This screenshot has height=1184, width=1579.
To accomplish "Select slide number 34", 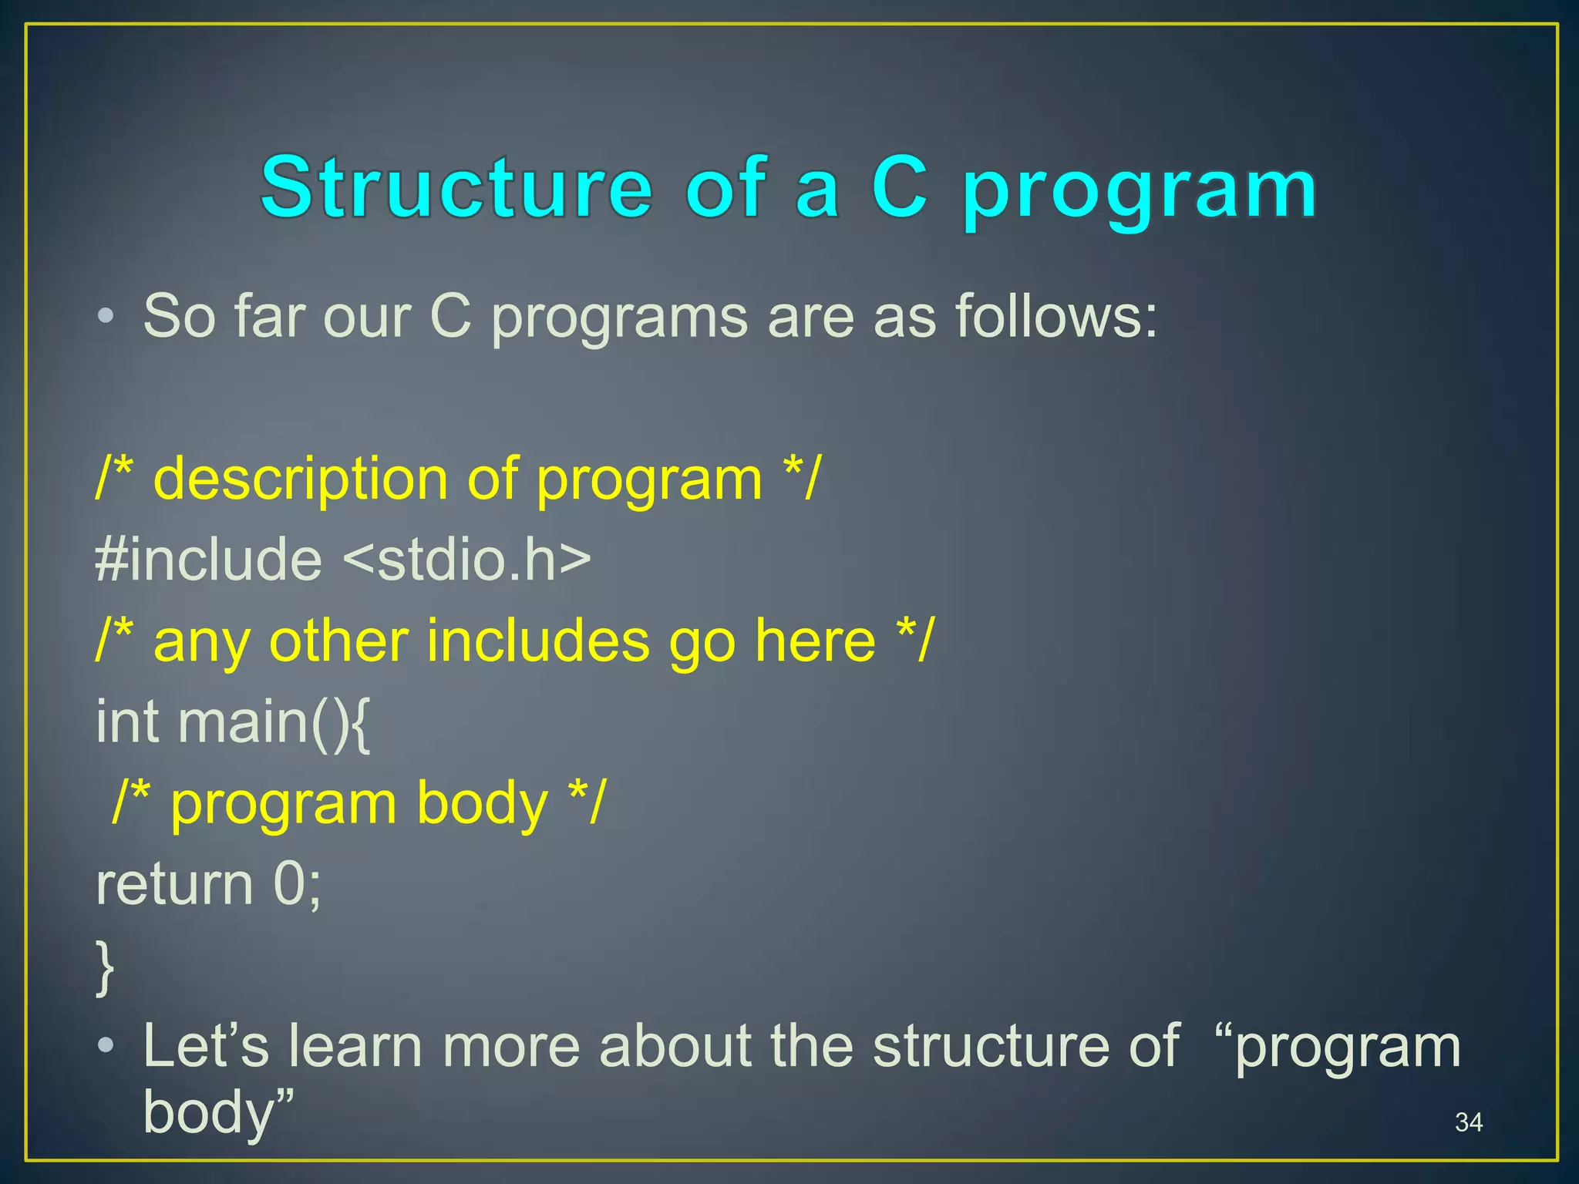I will tap(1468, 1122).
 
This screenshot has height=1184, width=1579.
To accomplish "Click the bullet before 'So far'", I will tap(106, 316).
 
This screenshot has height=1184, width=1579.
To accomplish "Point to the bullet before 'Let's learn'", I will tap(106, 1047).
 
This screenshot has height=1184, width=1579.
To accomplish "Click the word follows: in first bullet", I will tap(1055, 316).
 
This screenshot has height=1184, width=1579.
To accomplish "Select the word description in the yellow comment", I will tap(301, 479).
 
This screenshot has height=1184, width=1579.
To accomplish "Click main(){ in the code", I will tap(274, 723).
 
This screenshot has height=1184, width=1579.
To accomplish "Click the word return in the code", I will tap(174, 885).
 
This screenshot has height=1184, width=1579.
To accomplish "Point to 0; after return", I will tap(297, 885).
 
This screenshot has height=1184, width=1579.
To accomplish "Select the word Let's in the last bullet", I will tap(206, 1047).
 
